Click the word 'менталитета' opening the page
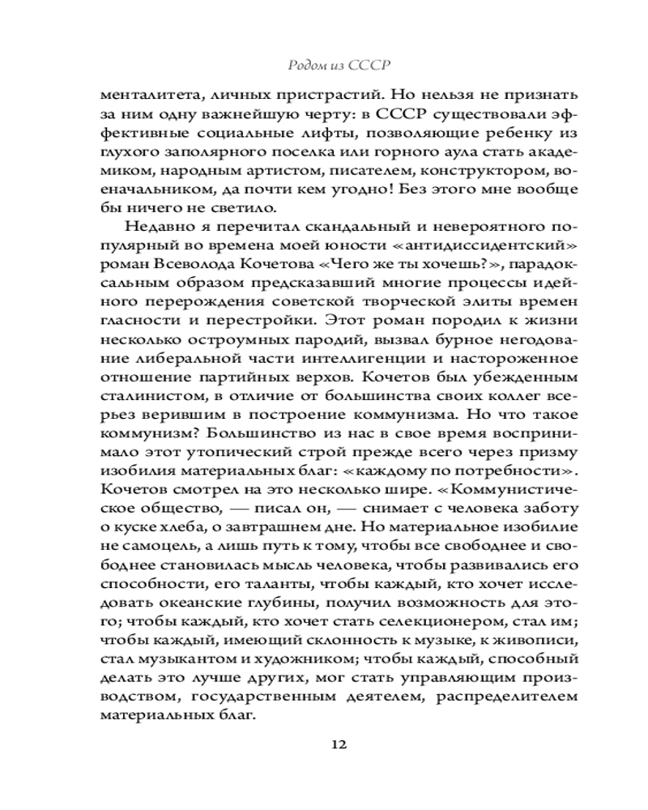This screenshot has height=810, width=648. (x=139, y=96)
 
